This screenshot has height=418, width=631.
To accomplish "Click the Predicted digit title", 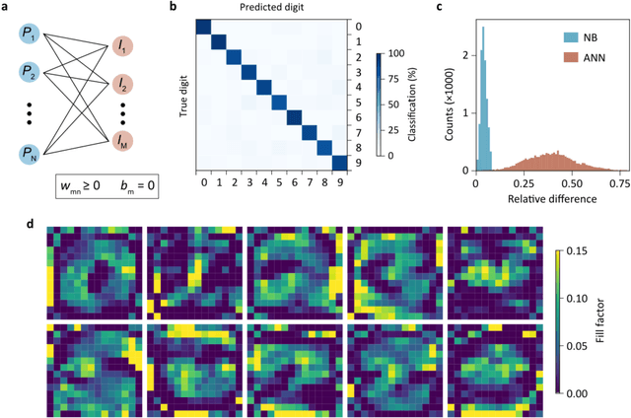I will coord(270,8).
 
